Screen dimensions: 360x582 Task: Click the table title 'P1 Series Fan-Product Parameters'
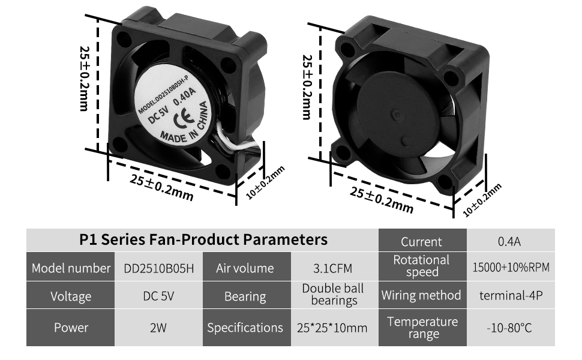[x=203, y=240]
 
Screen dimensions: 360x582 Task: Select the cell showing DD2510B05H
[x=159, y=268]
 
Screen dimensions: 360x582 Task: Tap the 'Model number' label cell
[x=71, y=268]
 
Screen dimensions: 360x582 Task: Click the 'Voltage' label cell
[x=71, y=296]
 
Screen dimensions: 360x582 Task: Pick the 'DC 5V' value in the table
[x=158, y=296]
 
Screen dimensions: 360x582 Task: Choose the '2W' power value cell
[x=158, y=328]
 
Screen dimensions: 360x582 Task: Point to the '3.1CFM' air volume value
[x=334, y=268]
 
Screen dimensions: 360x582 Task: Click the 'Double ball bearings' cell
[x=334, y=295]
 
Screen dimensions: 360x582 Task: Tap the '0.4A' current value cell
[x=509, y=242]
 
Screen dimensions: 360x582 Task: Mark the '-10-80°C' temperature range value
[x=509, y=328]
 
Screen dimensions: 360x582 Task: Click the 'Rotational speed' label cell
[x=421, y=266]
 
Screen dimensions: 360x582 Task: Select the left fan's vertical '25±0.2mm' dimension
[x=83, y=78]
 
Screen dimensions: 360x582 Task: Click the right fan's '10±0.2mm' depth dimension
[x=482, y=200]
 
